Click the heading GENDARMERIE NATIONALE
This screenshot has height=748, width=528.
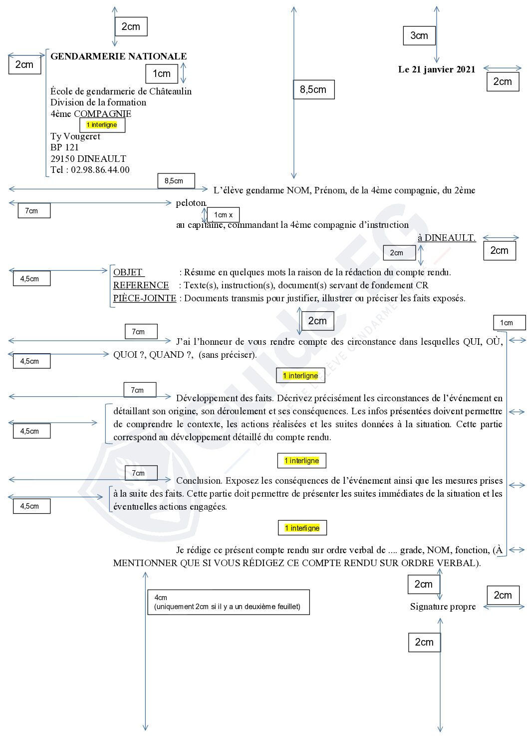118,56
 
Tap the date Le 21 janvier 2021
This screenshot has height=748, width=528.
437,69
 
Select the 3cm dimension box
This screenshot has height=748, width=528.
419,35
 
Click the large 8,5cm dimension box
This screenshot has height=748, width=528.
313,89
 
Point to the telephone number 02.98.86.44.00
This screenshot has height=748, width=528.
100,169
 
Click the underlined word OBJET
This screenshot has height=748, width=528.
128,272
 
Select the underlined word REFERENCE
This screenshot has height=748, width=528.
141,285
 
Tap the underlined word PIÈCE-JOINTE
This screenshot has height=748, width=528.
145,298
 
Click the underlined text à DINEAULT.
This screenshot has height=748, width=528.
447,238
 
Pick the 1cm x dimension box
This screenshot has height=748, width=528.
223,215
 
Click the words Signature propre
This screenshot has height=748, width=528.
443,607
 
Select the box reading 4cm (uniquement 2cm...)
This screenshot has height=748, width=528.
229,602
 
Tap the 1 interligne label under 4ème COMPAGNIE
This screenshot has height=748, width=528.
102,125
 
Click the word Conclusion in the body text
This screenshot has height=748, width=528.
199,481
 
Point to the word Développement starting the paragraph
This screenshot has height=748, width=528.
207,398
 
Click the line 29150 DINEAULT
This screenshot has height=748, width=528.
88,158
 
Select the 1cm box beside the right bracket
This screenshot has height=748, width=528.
510,323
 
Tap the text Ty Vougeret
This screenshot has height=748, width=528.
75,136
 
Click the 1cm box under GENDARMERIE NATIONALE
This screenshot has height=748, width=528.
162,74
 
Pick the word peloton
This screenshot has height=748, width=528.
191,203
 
